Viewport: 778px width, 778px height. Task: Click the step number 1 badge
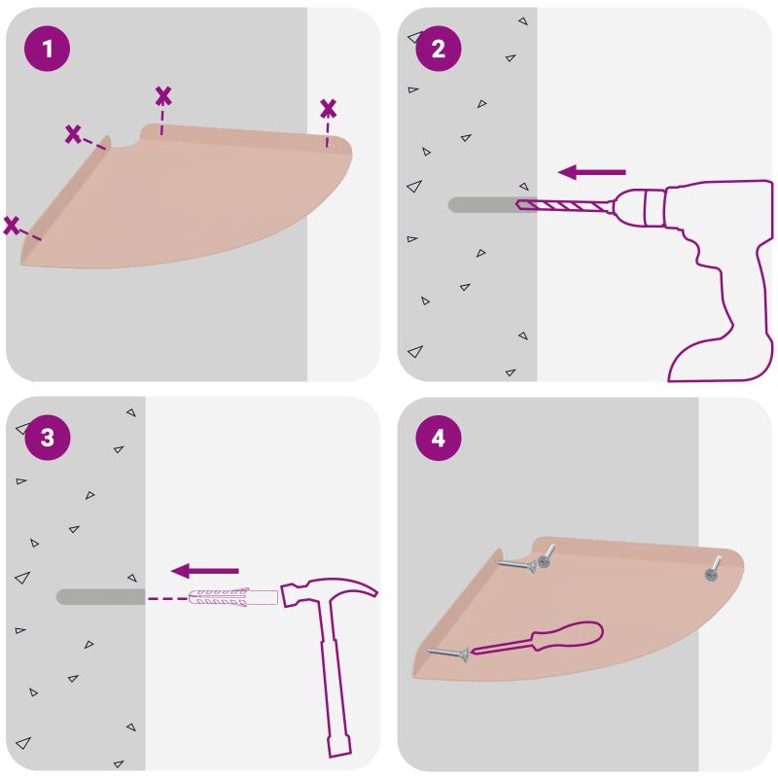click(x=47, y=49)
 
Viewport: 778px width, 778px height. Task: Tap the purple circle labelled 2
click(x=439, y=49)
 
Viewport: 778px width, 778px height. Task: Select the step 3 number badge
click(x=47, y=438)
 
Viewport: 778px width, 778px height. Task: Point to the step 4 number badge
click(x=439, y=438)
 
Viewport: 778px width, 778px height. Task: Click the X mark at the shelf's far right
click(x=328, y=109)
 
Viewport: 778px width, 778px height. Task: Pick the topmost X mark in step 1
click(x=163, y=96)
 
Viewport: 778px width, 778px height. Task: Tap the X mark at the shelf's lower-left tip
click(x=12, y=226)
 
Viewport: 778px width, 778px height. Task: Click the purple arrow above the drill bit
click(x=592, y=172)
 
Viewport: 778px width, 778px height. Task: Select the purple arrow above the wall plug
click(x=205, y=571)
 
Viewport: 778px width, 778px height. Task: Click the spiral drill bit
click(x=563, y=205)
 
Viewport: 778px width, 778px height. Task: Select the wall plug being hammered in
click(x=232, y=597)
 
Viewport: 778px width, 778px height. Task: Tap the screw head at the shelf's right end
click(x=713, y=574)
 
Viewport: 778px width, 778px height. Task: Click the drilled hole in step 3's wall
click(x=101, y=597)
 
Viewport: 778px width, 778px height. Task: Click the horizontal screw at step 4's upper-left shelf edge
click(x=516, y=565)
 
